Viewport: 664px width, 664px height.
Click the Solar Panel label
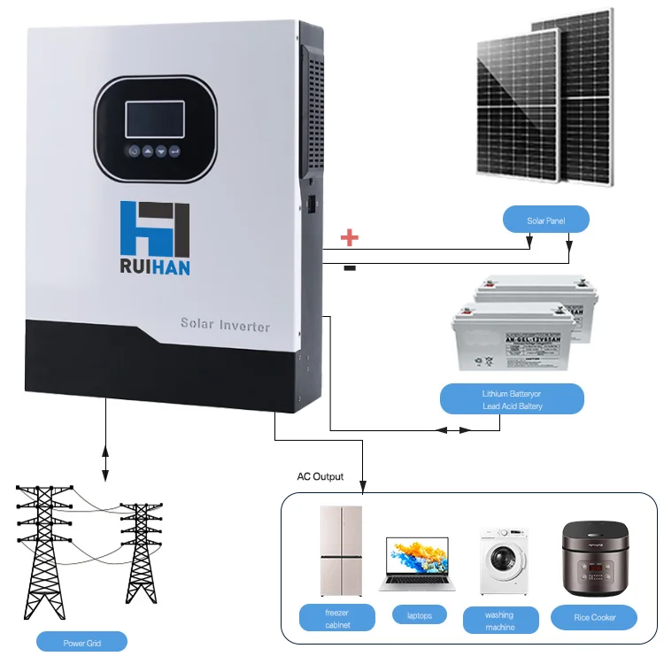(545, 220)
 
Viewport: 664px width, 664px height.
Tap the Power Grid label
(81, 641)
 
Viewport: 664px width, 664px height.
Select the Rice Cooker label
(595, 617)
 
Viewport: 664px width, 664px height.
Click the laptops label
(419, 614)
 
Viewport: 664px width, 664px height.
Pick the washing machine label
(500, 621)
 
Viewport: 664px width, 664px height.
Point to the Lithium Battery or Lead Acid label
(512, 399)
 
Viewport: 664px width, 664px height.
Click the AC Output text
(320, 476)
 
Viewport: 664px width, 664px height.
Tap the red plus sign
(350, 237)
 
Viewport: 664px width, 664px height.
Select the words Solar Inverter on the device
(225, 325)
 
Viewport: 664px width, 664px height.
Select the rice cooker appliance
(595, 560)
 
